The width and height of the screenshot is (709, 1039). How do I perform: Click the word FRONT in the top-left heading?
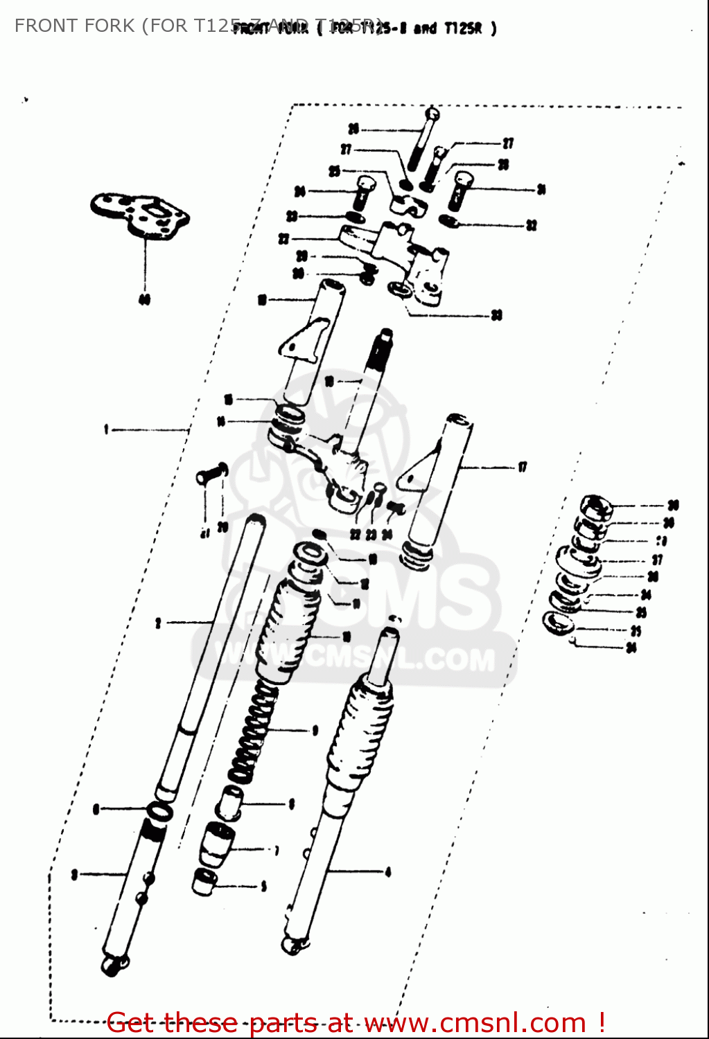pos(40,26)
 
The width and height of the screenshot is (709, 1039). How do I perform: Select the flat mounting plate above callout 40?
pos(141,214)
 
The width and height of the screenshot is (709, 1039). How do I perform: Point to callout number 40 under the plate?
pos(144,300)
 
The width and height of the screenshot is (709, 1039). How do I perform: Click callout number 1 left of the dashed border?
pos(106,430)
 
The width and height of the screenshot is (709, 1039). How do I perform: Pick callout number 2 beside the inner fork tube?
pos(158,623)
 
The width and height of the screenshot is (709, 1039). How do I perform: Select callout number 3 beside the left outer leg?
pos(74,875)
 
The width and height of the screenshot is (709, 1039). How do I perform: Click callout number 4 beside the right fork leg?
pos(388,872)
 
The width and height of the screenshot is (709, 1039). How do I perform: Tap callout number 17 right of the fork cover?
pos(522,468)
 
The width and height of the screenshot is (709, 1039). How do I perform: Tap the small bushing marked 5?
pos(204,882)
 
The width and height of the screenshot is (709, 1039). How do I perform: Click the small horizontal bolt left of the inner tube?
pos(210,474)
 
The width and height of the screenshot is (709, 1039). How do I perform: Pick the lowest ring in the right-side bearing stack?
pos(559,623)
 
